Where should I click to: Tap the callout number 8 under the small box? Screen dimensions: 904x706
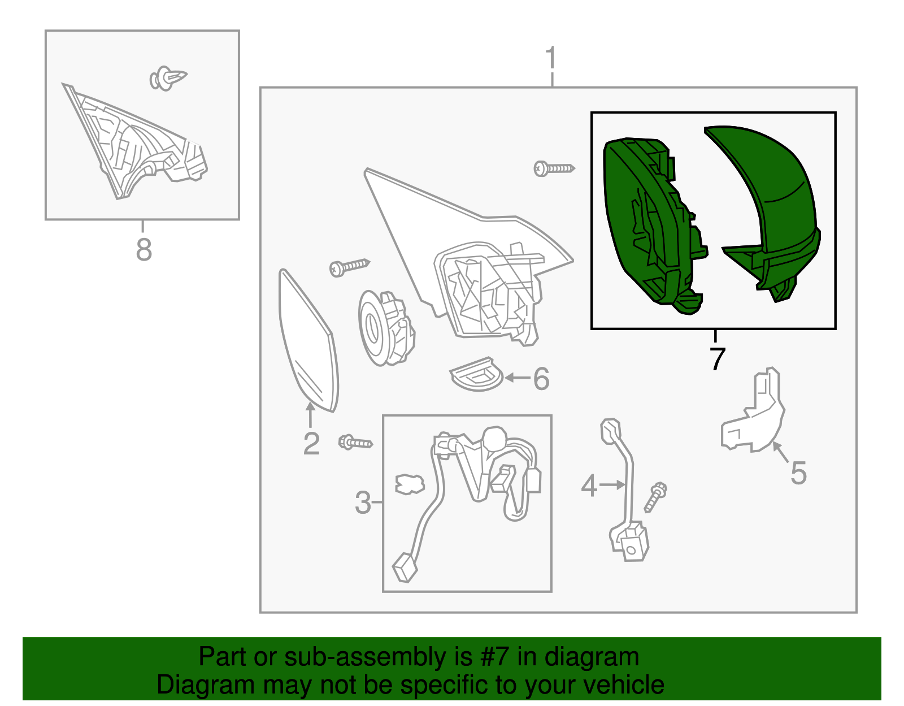(144, 250)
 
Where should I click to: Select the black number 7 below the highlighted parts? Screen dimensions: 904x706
(718, 358)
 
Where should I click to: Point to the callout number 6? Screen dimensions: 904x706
(541, 379)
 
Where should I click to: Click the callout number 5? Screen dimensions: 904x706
(798, 473)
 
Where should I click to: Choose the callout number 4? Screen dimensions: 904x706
(589, 486)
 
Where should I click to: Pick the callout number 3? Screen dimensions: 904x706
(363, 503)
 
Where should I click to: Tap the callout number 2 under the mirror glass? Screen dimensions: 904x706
(311, 444)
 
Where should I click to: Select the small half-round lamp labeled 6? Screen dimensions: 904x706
(477, 374)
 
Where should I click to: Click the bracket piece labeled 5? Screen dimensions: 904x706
(753, 410)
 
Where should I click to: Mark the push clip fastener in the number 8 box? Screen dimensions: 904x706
(168, 78)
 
